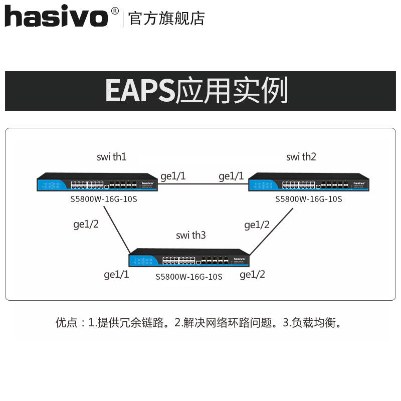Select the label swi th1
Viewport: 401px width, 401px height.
111,157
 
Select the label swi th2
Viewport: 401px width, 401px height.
301,157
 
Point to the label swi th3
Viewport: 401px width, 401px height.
191,235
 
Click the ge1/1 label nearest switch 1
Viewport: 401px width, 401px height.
173,176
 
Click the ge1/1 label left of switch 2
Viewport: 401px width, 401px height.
231,176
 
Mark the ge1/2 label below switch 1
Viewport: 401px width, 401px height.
86,225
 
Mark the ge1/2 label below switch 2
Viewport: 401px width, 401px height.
257,225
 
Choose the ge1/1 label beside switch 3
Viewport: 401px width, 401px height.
116,274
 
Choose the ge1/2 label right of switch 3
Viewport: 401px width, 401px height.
252,274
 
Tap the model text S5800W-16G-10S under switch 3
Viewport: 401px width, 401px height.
188,276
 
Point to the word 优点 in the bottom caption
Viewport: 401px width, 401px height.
66,323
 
